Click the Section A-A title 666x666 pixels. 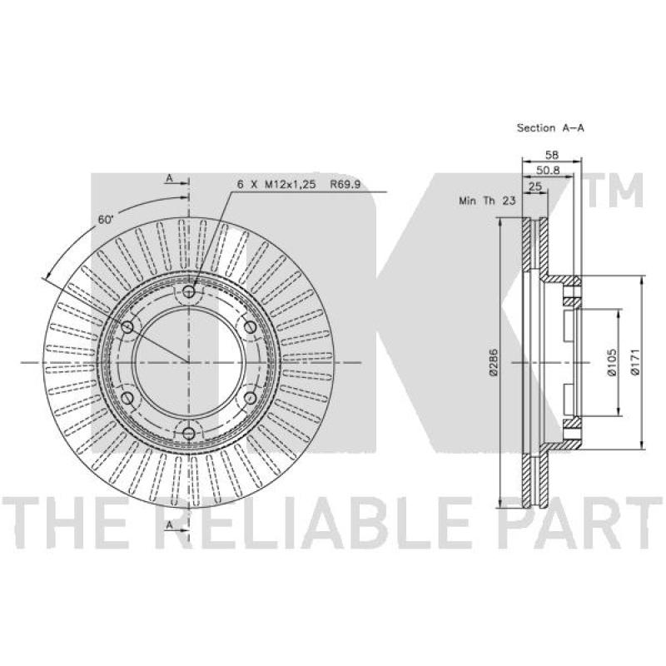[550, 128]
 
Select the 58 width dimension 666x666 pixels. [551, 155]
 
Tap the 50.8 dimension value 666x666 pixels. [548, 171]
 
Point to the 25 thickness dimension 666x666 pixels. [534, 186]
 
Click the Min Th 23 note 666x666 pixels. [487, 201]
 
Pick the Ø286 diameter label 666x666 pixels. [493, 362]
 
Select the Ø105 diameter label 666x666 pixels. [611, 362]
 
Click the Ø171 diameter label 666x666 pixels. [635, 362]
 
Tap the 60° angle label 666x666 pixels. [106, 220]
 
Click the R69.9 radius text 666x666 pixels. [345, 184]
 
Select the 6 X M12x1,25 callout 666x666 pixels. [276, 184]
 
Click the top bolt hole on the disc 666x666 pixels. [189, 291]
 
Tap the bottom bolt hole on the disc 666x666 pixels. [189, 434]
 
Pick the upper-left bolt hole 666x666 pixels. [127, 327]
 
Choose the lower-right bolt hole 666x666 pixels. [251, 398]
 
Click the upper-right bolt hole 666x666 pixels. [251, 327]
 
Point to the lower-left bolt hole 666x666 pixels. [127, 398]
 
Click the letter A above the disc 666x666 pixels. [170, 178]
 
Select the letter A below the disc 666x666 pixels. [170, 525]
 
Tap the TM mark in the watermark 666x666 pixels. [615, 191]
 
